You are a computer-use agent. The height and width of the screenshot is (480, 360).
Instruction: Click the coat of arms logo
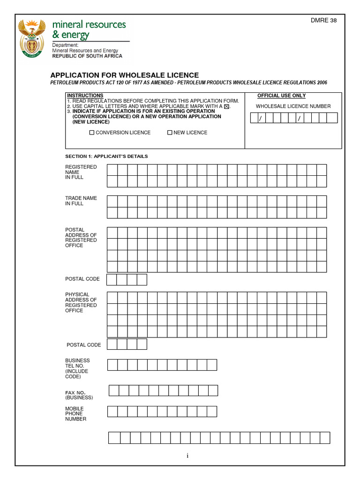32,38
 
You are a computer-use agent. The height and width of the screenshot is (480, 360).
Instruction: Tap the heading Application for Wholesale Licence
124,75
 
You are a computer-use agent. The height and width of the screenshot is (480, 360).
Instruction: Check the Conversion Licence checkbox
92,133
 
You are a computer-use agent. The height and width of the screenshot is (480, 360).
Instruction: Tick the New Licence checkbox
170,133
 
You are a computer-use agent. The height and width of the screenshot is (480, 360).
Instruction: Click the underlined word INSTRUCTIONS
85,96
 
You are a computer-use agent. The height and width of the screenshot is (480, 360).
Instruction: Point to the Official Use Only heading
281,96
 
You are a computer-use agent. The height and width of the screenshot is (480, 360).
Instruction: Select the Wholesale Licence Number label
293,106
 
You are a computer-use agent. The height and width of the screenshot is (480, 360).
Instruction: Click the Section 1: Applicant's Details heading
106,156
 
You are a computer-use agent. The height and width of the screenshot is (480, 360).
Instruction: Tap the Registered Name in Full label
81,172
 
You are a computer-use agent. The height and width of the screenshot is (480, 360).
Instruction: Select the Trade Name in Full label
81,201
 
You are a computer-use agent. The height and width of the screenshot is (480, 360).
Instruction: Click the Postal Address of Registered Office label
81,238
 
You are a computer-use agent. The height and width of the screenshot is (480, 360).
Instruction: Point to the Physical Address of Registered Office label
81,302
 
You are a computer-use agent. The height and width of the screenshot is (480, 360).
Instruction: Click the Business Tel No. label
77,368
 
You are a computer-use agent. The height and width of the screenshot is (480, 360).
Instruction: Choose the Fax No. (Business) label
79,395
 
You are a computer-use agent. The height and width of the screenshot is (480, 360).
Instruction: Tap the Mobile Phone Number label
75,414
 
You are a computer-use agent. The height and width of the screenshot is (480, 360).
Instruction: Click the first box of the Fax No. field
114,390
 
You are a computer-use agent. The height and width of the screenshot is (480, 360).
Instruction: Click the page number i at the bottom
187,456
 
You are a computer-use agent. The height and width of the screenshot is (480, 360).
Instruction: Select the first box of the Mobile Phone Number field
112,412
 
